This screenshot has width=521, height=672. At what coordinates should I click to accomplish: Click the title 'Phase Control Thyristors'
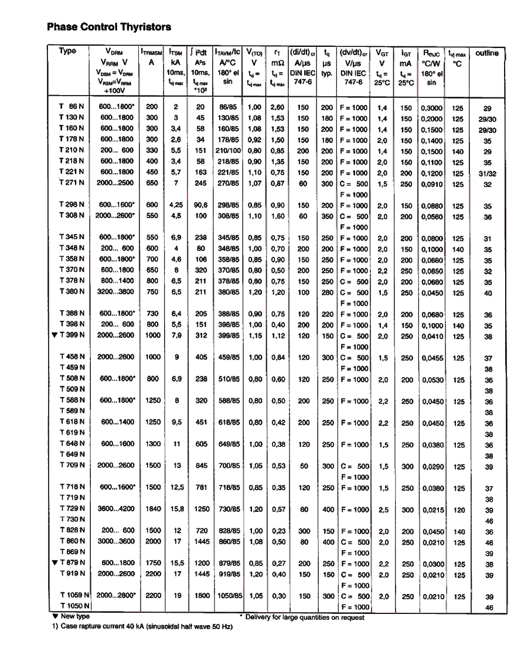pos(108,27)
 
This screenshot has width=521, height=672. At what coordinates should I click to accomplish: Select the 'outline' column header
pos(486,53)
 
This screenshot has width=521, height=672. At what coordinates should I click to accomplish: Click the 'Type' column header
pos(67,51)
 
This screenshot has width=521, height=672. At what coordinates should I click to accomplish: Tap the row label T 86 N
pos(72,108)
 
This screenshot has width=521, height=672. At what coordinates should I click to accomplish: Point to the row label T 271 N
pos(72,184)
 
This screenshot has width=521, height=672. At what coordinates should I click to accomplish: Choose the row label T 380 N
pos(72,292)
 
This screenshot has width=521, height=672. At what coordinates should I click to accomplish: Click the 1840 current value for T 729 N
pos(153,510)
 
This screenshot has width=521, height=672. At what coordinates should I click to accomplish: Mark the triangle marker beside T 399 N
pos(54,335)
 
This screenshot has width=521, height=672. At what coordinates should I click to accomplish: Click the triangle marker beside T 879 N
pos(54,564)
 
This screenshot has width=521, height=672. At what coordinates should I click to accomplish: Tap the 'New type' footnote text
pos(75,617)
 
